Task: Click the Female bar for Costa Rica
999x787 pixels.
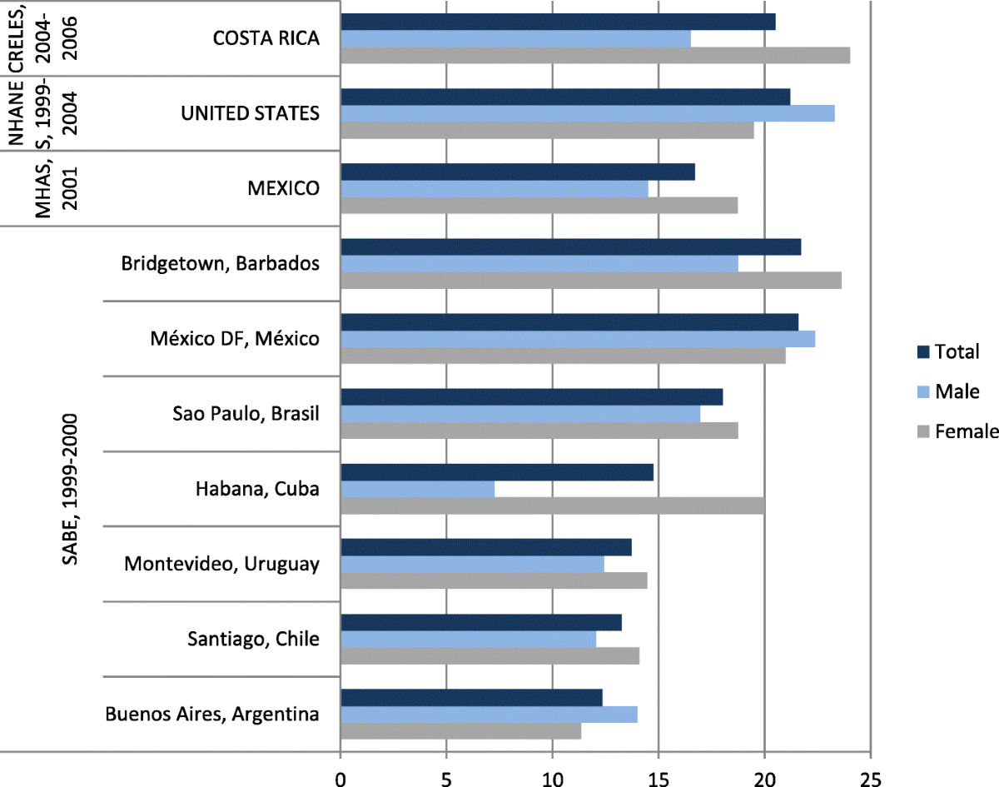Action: [595, 56]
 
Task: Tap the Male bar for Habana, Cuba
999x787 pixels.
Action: [417, 489]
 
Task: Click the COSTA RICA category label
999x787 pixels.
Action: [266, 38]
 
